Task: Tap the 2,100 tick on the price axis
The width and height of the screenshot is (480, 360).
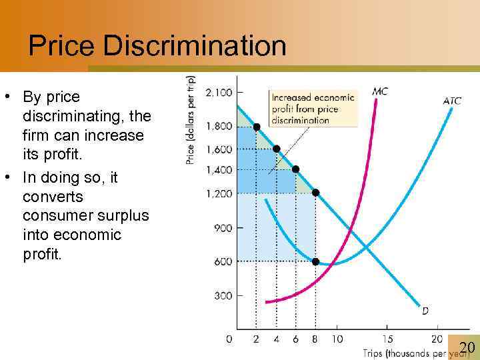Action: coord(219,92)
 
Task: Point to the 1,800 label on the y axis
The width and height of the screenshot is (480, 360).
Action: coord(219,126)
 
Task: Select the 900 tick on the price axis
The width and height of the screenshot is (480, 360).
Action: coord(223,227)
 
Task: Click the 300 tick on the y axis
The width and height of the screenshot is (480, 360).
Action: coord(223,295)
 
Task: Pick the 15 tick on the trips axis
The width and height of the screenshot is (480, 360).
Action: coord(387,339)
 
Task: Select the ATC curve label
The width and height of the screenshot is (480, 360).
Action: coord(452,101)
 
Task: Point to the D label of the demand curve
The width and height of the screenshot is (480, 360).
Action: coord(425,310)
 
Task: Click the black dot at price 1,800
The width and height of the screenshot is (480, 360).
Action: coord(257,127)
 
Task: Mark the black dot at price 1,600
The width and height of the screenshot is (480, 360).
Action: coord(276,149)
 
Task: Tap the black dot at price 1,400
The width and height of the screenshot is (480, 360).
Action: coord(295,169)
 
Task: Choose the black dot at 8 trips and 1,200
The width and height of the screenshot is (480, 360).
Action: coord(315,193)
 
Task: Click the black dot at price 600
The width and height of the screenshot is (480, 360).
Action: coord(315,261)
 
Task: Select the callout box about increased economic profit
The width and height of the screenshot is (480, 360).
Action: coord(312,108)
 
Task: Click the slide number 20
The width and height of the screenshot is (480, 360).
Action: coord(467,347)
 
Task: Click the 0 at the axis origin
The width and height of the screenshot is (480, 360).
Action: coord(229,339)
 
